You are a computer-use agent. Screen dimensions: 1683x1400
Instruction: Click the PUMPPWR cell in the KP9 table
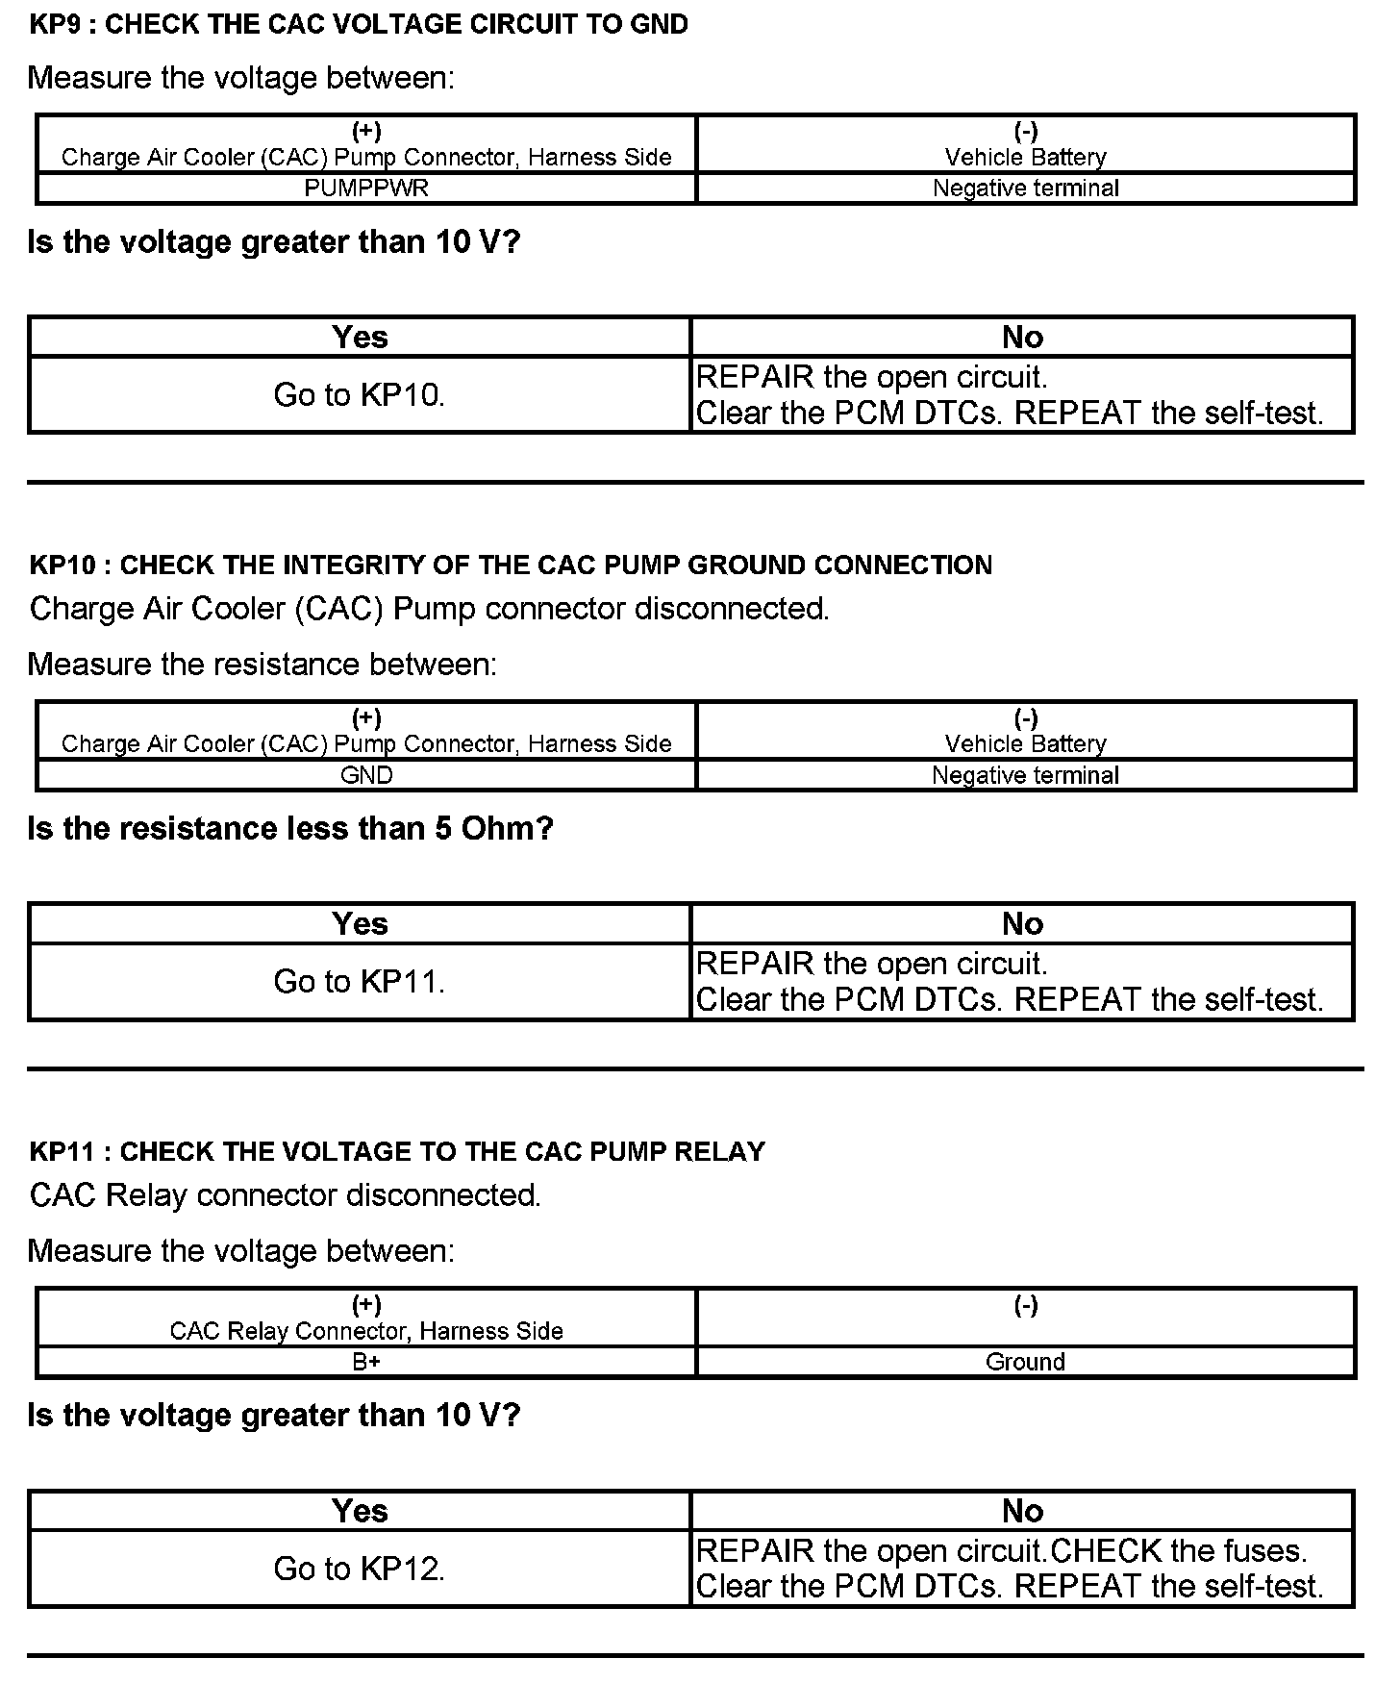pos(366,188)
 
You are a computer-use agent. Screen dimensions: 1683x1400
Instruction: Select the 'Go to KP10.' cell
pos(359,395)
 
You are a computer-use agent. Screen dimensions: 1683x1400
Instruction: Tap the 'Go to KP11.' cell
pos(359,982)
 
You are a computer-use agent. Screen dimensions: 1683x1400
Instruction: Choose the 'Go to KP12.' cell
pos(359,1569)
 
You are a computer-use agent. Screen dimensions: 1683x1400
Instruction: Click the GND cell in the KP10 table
pos(366,775)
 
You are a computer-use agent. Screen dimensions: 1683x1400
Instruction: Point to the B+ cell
pos(366,1362)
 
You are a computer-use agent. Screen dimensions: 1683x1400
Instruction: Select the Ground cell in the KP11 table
pos(1025,1362)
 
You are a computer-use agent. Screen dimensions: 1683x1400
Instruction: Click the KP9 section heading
pos(359,25)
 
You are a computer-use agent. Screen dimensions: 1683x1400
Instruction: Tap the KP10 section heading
pos(511,565)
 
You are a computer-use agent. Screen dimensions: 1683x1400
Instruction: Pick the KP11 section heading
pos(397,1151)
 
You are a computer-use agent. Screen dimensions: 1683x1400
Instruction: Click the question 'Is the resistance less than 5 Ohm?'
pos(290,828)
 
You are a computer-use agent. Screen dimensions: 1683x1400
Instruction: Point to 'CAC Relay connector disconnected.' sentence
pos(286,1195)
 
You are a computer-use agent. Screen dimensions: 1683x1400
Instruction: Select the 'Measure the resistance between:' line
pos(262,665)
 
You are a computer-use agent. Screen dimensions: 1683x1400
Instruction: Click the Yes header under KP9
pos(360,338)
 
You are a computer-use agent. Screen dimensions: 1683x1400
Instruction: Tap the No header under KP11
pos(1022,1511)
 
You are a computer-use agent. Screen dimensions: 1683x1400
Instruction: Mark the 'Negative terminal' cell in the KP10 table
pos(1025,775)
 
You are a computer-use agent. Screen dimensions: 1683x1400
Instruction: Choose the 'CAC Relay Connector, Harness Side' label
pos(366,1331)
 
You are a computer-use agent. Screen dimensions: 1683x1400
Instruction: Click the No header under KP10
pos(1022,924)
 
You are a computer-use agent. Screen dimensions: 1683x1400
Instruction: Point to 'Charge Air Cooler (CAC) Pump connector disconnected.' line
pos(429,609)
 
